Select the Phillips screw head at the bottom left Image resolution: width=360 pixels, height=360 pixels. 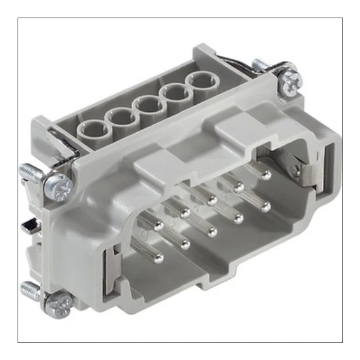coord(61,301)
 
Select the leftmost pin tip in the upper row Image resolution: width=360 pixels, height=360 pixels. coord(158,225)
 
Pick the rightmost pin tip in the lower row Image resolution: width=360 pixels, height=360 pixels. coord(266,207)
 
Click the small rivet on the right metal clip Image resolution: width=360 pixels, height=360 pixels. coord(297,172)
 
